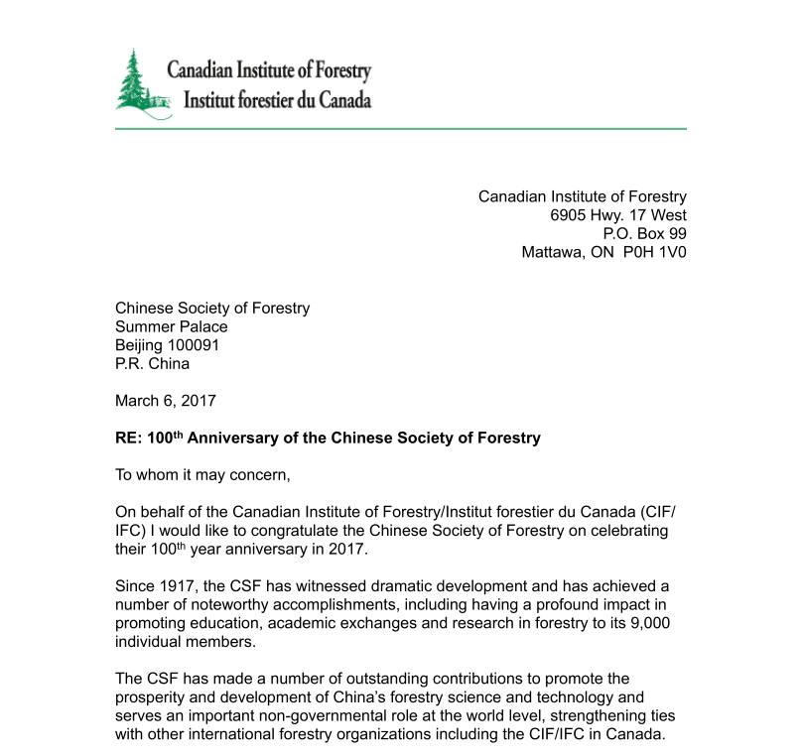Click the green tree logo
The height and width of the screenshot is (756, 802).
click(x=140, y=84)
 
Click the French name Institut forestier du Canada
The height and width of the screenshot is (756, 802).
click(x=271, y=100)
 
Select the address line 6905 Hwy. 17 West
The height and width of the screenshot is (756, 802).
click(x=618, y=215)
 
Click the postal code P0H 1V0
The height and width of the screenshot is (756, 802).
click(x=654, y=252)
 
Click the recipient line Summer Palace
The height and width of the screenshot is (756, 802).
click(x=171, y=326)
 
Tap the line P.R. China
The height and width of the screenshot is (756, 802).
click(x=152, y=363)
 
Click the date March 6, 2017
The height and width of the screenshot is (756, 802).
click(x=165, y=401)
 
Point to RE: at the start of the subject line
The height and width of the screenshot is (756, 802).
click(x=129, y=438)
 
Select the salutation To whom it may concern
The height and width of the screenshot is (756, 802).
click(x=202, y=474)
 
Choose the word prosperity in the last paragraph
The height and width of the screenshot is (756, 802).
click(x=151, y=697)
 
